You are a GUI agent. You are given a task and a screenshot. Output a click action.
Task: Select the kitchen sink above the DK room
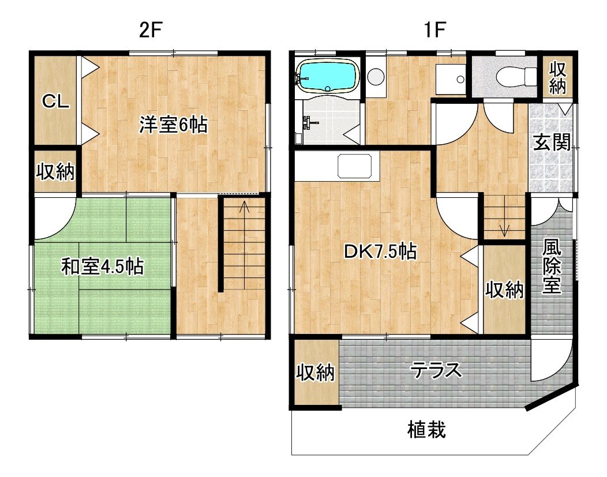(x=355, y=166)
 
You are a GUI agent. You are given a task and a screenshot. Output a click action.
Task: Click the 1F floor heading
(x=435, y=29)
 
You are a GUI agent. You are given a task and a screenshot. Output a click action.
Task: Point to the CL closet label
(x=56, y=102)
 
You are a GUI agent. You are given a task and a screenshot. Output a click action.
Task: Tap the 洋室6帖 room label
(x=174, y=125)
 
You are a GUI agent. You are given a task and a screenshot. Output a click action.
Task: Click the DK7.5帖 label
(x=381, y=251)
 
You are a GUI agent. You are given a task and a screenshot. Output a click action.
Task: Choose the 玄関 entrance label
(x=552, y=142)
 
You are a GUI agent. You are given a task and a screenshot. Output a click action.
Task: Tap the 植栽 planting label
(x=426, y=430)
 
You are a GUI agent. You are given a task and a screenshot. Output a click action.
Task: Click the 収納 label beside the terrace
(x=315, y=372)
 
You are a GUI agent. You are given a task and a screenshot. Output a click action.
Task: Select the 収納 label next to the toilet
(x=557, y=78)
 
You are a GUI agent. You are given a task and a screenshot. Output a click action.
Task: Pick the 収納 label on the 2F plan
(x=55, y=171)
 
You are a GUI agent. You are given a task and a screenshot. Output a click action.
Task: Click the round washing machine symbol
(x=375, y=76)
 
